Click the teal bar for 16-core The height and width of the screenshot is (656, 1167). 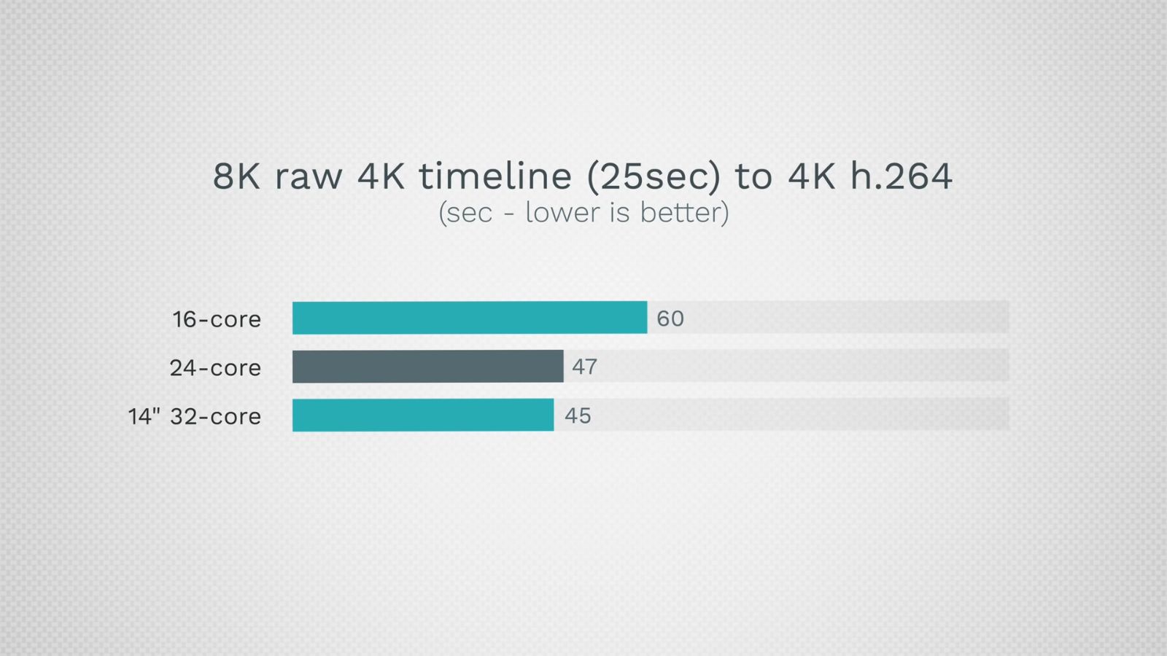click(x=470, y=318)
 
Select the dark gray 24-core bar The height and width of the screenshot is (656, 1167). click(x=427, y=367)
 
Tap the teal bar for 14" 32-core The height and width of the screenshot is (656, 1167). click(x=423, y=415)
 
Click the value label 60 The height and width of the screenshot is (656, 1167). click(x=670, y=319)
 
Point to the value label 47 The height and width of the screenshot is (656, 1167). click(x=584, y=367)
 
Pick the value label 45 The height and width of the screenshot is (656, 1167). click(x=578, y=416)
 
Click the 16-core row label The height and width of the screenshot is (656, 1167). click(x=217, y=319)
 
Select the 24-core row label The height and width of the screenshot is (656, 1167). click(x=215, y=368)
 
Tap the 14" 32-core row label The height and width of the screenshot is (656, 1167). click(x=194, y=416)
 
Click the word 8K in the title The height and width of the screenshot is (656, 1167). click(x=236, y=176)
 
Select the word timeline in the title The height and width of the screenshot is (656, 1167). click(x=495, y=176)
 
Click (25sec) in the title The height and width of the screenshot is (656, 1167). click(x=654, y=177)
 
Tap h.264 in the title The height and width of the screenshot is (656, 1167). click(x=902, y=176)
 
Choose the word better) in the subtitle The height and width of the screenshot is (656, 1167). click(x=685, y=213)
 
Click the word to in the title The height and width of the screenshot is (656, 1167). click(x=753, y=177)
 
